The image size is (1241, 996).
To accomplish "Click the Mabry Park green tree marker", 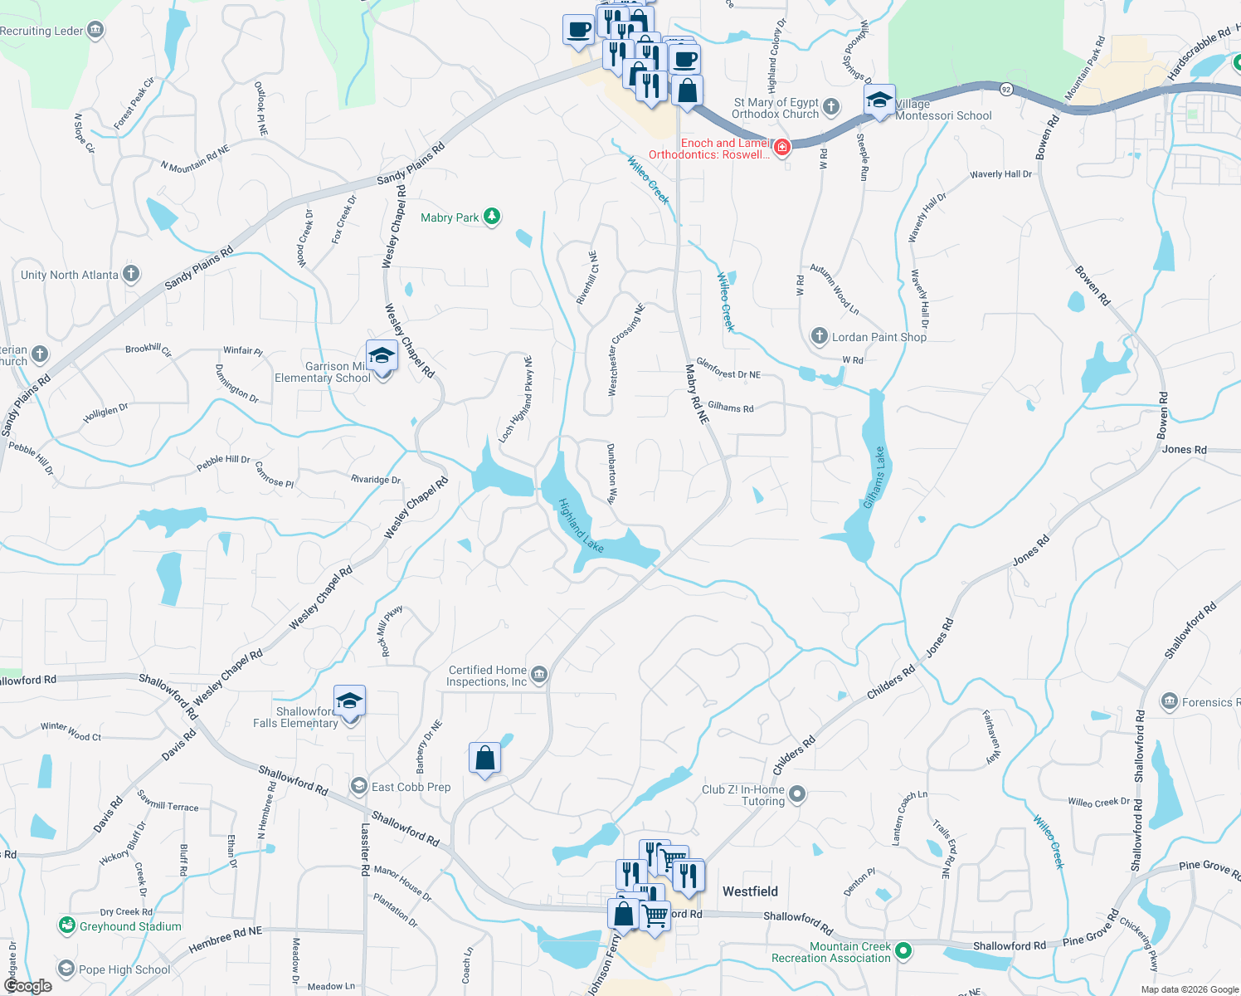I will (x=492, y=217).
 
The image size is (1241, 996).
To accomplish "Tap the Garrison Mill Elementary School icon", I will (x=382, y=356).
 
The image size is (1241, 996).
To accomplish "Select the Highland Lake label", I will (x=581, y=525).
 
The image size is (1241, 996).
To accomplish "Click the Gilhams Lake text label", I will (x=874, y=478).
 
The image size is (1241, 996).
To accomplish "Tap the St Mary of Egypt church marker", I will (x=831, y=107).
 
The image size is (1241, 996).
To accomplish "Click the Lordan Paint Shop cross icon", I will (x=820, y=336).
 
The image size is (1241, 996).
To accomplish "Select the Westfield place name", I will (x=750, y=891).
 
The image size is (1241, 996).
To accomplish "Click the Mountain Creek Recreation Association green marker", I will (x=903, y=951).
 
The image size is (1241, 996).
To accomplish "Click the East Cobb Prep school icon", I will (x=359, y=786).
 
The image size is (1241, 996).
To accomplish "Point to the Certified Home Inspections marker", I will (x=539, y=674).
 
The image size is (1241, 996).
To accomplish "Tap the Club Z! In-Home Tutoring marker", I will (x=797, y=794).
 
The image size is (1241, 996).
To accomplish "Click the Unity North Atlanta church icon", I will (x=131, y=274).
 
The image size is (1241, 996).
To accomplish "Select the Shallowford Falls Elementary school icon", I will (x=349, y=701).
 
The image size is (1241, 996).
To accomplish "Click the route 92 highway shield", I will (x=1005, y=89).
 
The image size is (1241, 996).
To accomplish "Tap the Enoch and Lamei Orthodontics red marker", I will (x=781, y=147).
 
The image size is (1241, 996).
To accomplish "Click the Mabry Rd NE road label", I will (x=697, y=394).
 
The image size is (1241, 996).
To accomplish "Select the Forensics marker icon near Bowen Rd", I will (x=1170, y=701).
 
